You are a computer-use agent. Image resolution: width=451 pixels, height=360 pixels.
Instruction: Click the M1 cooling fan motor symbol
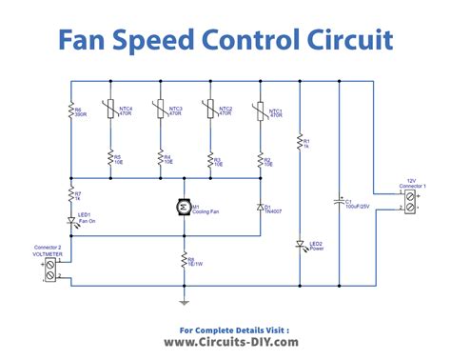[x=183, y=206]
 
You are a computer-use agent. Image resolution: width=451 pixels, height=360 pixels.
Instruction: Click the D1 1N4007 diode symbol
[x=260, y=206]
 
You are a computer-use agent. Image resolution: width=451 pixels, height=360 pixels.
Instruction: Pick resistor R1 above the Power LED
[x=300, y=144]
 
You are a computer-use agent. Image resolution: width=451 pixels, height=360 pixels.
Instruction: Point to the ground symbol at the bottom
[x=183, y=304]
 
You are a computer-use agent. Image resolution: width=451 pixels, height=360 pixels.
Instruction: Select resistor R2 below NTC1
[x=260, y=158]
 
